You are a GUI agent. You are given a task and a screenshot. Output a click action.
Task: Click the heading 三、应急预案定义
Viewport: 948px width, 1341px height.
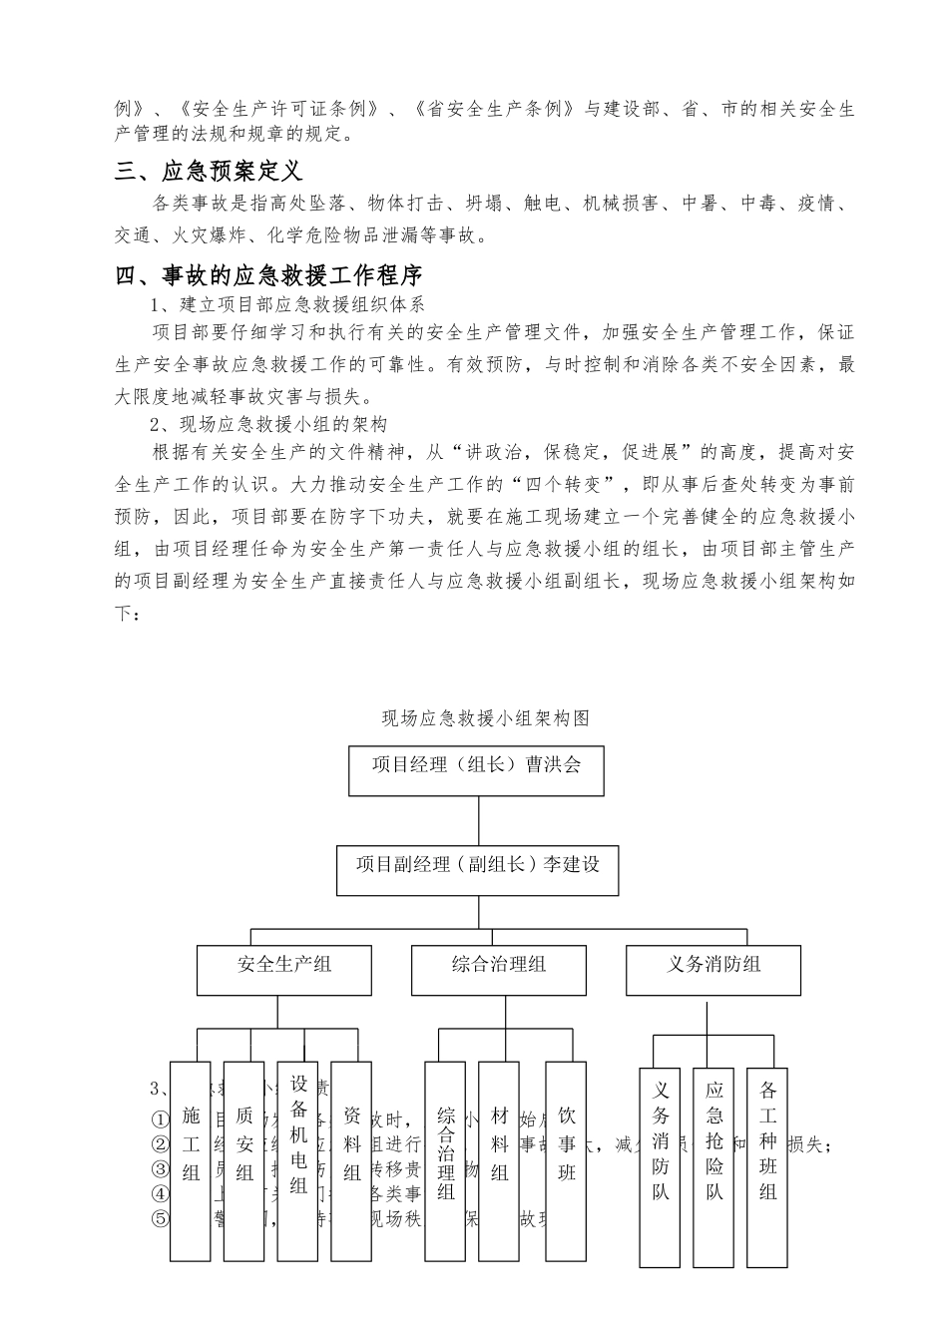click(209, 172)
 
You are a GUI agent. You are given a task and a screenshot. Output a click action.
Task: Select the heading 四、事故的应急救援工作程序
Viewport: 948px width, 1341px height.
click(268, 275)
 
